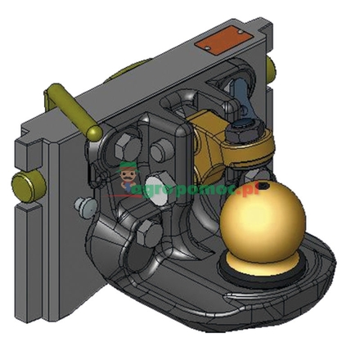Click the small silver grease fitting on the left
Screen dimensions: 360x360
click(81, 204)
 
